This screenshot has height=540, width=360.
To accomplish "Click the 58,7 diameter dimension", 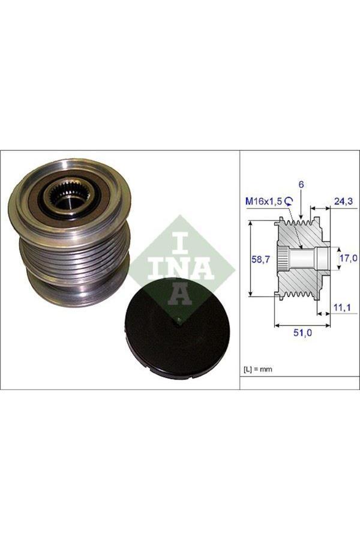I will pyautogui.click(x=259, y=259).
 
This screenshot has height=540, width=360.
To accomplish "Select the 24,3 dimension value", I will pyautogui.click(x=343, y=202).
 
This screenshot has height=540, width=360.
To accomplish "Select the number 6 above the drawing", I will pyautogui.click(x=301, y=185).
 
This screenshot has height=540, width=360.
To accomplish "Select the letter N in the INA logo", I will pyautogui.click(x=180, y=268).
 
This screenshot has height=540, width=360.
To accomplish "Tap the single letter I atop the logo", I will pyautogui.click(x=181, y=242).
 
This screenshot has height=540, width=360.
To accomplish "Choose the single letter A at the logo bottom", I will pyautogui.click(x=180, y=293).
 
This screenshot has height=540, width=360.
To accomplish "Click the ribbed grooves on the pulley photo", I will pyautogui.click(x=75, y=255).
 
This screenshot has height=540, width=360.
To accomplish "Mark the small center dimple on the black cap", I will pyautogui.click(x=178, y=323).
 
